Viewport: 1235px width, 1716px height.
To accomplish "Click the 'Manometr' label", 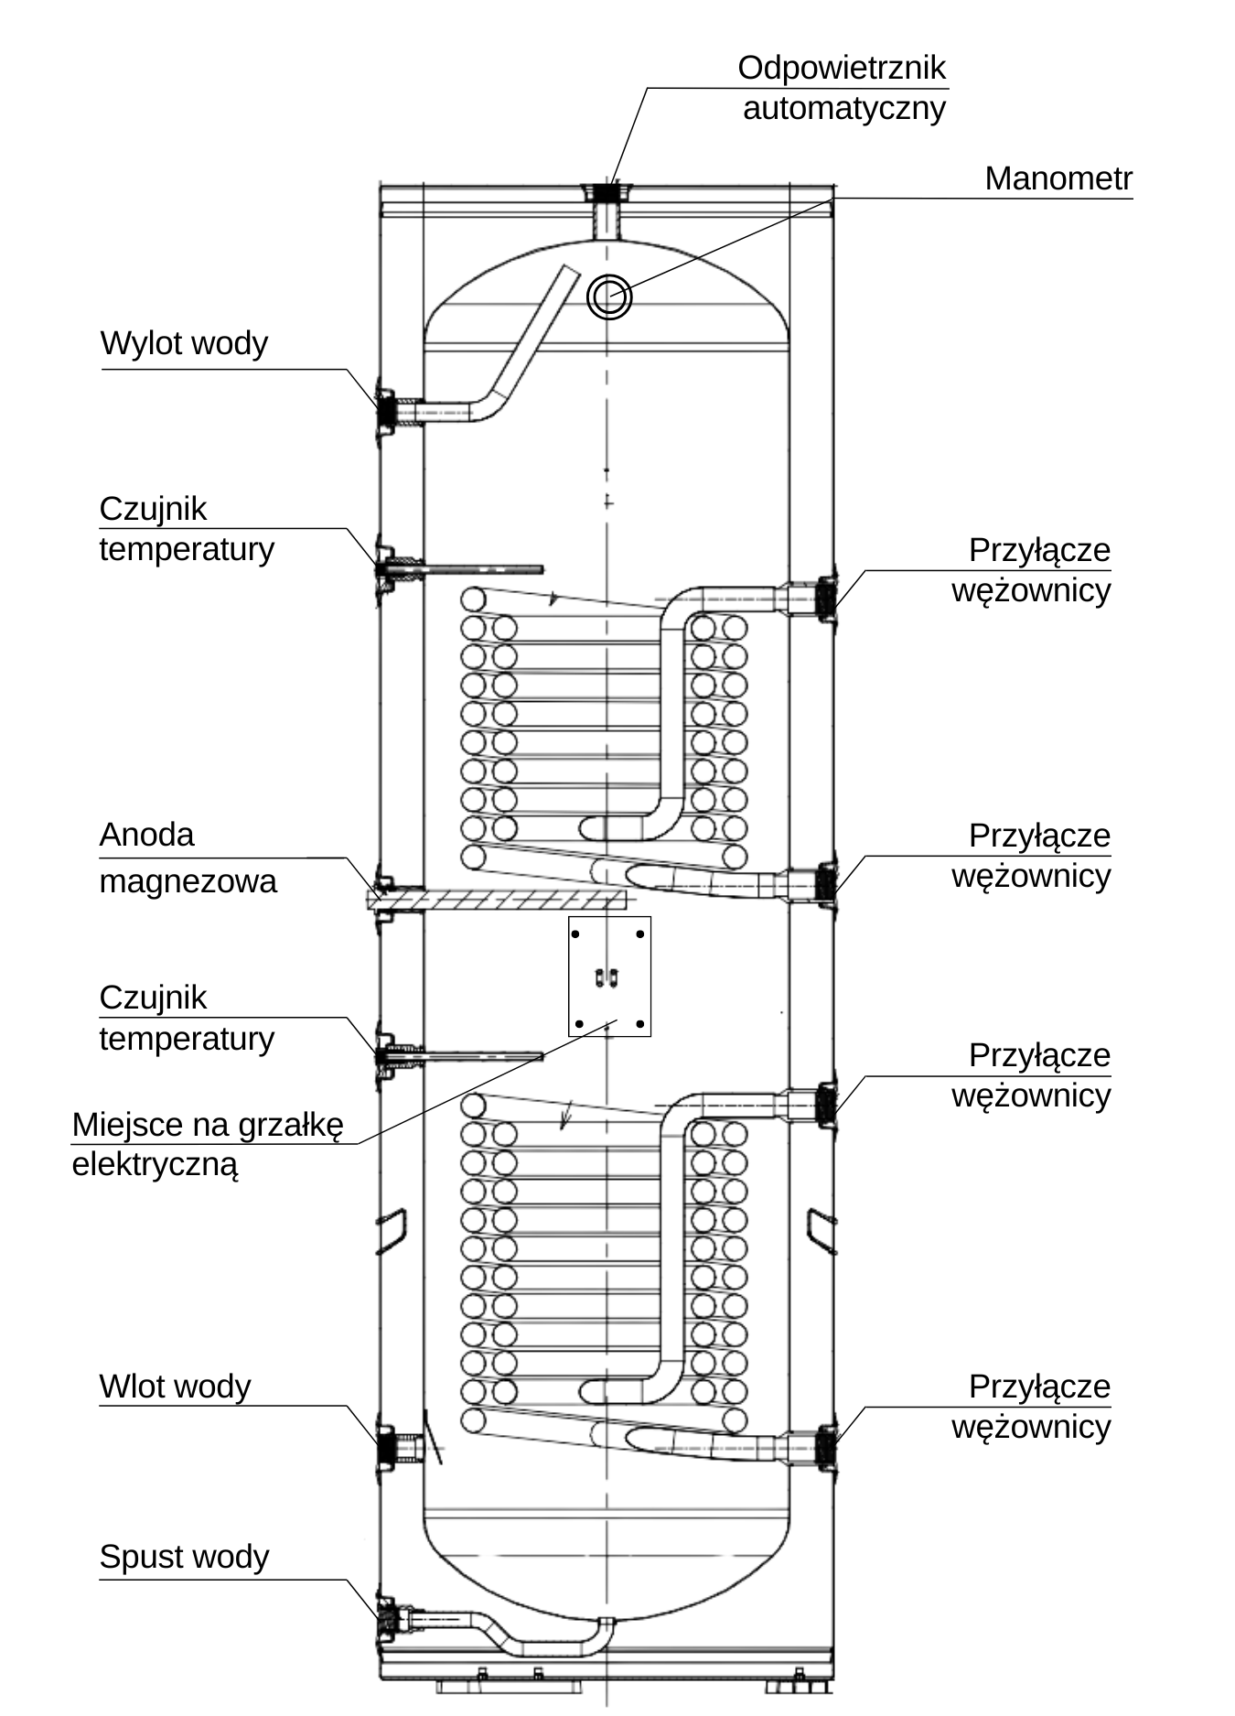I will pos(1058,178).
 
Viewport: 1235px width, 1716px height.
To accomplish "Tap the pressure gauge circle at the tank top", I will pos(609,297).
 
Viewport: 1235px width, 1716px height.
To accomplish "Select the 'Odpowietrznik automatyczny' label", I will pos(843,88).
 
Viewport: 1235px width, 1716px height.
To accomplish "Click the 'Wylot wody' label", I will pos(184,344).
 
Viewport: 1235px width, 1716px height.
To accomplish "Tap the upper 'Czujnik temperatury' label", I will pos(187,529).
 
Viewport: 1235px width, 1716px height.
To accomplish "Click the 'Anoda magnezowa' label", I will pos(188,858).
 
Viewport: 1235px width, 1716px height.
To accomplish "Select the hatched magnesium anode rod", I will pos(499,900).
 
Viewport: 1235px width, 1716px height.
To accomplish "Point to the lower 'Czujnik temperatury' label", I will pos(187,1018).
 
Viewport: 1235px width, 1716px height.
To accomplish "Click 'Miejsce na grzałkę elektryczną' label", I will pos(208,1144).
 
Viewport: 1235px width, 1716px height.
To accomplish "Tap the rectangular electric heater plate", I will pos(609,977).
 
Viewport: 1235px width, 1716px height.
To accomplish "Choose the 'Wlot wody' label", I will pos(175,1387).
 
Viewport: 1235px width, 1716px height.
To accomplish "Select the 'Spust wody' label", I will pos(184,1558).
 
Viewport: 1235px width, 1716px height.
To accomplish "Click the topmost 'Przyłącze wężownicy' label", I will pos(1031,569).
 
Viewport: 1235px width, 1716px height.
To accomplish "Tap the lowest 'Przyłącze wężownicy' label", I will pos(1031,1406).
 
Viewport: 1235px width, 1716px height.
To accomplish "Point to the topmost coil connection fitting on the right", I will pos(822,599).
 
